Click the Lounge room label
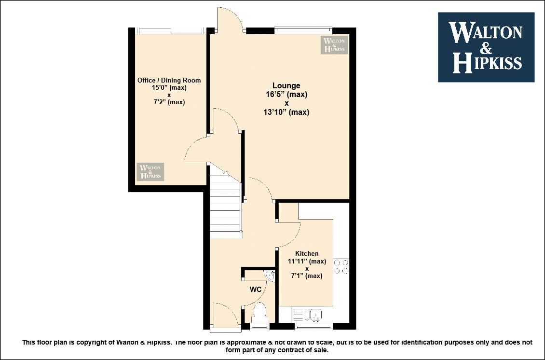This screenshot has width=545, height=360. (286, 85)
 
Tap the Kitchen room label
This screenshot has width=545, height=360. (307, 253)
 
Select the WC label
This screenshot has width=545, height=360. (256, 290)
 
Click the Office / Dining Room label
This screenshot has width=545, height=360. (169, 80)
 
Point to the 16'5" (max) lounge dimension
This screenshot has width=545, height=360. (286, 94)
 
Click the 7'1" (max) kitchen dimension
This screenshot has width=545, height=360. (307, 276)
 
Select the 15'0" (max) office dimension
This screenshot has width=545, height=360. (169, 88)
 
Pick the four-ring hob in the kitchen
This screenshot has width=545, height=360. (341, 266)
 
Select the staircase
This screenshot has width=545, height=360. (226, 207)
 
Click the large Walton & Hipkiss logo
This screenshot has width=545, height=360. (486, 47)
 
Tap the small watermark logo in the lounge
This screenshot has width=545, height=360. (334, 45)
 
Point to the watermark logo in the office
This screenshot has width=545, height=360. (150, 172)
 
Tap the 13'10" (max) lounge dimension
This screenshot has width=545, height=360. (286, 112)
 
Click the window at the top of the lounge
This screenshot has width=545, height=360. (303, 30)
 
